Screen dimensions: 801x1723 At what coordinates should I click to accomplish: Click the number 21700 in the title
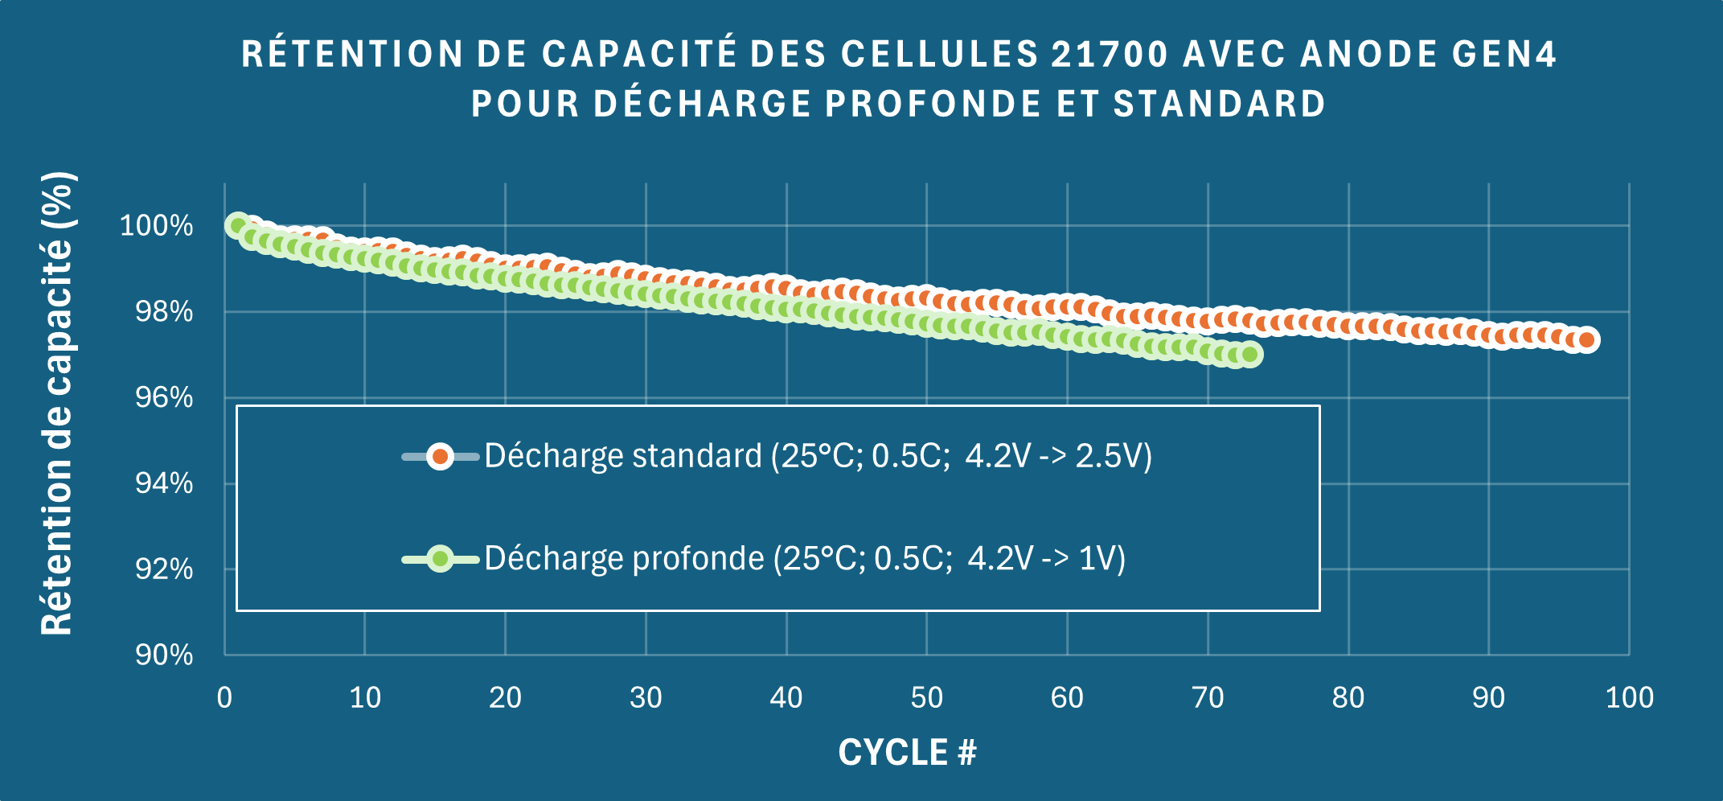coord(1110,55)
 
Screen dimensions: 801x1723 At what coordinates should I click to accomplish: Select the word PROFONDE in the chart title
coord(933,104)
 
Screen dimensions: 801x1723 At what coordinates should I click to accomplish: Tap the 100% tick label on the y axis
coord(156,225)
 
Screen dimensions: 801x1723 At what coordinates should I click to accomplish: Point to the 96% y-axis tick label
coord(164,397)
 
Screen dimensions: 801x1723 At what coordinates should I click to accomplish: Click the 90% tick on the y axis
coord(164,655)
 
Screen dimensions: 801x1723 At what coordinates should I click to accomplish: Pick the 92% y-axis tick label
coord(164,569)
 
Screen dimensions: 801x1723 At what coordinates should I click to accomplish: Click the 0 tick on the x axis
coord(224,697)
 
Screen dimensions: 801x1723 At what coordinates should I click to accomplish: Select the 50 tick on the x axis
coord(926,697)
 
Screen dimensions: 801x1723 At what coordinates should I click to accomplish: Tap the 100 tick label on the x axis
coord(1629,697)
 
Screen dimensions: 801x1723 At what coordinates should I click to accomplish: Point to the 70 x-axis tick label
coord(1208,697)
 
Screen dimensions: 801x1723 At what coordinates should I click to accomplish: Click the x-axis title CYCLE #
coord(907,753)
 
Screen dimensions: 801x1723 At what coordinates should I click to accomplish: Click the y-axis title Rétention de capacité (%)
coord(58,404)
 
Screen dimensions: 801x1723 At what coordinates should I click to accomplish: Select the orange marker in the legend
coord(440,457)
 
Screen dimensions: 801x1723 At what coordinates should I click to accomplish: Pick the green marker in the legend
coord(440,558)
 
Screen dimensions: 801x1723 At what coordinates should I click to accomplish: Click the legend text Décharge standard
coord(623,456)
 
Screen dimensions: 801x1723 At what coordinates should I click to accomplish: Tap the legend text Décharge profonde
coord(624,558)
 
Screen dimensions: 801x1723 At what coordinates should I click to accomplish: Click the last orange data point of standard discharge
coord(1586,340)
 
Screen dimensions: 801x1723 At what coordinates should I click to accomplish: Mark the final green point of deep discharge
coord(1249,355)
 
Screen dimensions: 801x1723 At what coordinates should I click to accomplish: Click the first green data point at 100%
coord(238,225)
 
